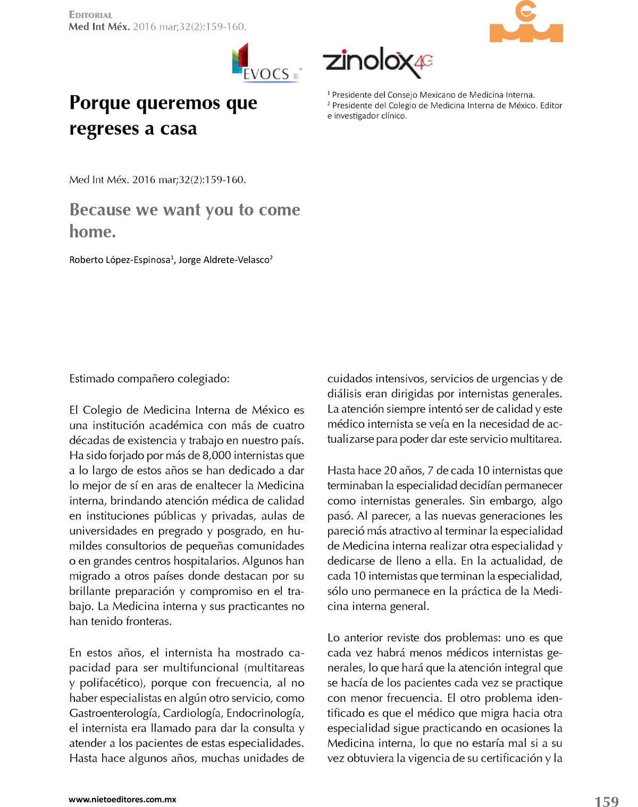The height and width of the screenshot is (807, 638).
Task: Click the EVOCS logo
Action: pyautogui.click(x=266, y=63)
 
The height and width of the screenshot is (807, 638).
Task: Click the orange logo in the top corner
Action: pyautogui.click(x=526, y=22)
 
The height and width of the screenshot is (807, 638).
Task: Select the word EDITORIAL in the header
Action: pyautogui.click(x=90, y=15)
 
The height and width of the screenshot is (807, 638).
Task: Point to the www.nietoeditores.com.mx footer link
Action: pyautogui.click(x=122, y=799)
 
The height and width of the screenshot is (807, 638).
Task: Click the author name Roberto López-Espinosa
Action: pyautogui.click(x=120, y=260)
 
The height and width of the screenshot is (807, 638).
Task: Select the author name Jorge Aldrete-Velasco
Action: pyautogui.click(x=224, y=260)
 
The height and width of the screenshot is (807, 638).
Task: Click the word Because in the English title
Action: pyautogui.click(x=100, y=210)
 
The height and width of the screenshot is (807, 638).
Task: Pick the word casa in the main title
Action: pyautogui.click(x=178, y=129)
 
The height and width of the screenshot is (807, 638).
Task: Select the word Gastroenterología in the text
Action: pyautogui.click(x=114, y=713)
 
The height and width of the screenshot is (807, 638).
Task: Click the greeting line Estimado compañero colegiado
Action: pyautogui.click(x=149, y=379)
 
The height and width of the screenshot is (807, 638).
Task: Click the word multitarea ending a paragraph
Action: pyautogui.click(x=535, y=439)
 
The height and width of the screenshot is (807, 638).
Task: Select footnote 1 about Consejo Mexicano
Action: pyautogui.click(x=431, y=95)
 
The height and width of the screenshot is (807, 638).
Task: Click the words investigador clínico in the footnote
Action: pyautogui.click(x=370, y=116)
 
